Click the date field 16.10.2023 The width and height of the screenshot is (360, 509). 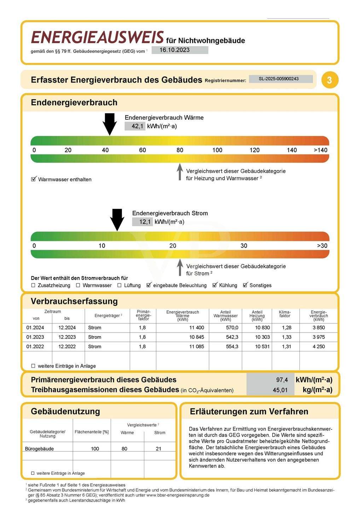[x=180, y=50]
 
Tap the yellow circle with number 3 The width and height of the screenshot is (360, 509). [x=330, y=80]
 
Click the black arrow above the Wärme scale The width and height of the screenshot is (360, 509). [x=110, y=124]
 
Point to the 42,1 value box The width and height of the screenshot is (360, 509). [x=135, y=126]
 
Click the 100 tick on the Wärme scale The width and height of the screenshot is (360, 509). [x=217, y=150]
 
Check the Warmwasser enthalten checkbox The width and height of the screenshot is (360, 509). [x=34, y=179]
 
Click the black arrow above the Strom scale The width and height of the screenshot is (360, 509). [x=117, y=220]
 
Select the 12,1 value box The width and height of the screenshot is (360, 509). [x=143, y=222]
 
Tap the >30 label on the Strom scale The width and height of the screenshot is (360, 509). [x=322, y=246]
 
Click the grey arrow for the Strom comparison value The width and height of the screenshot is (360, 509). [x=180, y=268]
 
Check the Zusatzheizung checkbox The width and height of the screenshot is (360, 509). [x=33, y=285]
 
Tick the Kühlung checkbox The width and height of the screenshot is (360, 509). [x=215, y=285]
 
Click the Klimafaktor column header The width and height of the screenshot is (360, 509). [x=285, y=314]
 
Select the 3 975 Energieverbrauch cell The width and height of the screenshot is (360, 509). [x=318, y=337]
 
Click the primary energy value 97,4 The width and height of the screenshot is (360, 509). [x=282, y=380]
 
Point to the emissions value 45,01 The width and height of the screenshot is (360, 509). [x=280, y=390]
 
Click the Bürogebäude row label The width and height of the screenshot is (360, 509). [x=39, y=449]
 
